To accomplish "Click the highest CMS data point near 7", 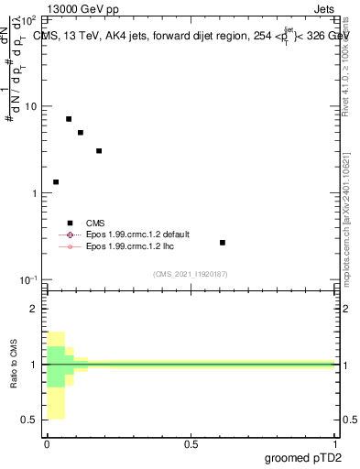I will coord(69,119).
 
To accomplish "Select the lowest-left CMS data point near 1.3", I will coord(56,182).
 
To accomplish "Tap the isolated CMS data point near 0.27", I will coord(223,243).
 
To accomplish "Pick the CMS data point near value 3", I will coord(99,150).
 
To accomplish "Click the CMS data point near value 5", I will coord(81,133).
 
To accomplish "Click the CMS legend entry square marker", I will coord(70,222).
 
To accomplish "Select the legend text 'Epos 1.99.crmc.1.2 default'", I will coord(137,234).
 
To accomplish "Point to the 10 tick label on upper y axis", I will coord(31,106).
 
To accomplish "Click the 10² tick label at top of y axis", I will coord(29,19).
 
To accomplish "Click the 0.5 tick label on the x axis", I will coord(191,445).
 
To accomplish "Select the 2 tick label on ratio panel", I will coord(35,309).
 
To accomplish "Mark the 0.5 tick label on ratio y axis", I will coord(31,420).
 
